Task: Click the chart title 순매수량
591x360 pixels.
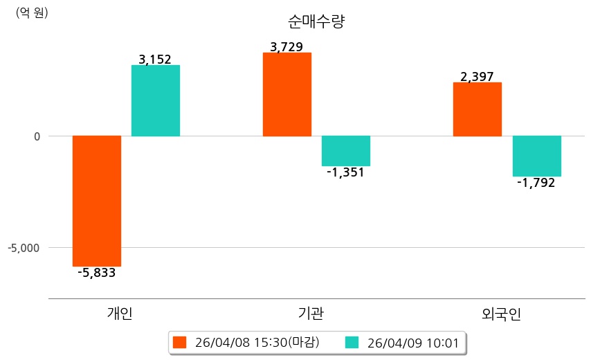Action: click(316, 21)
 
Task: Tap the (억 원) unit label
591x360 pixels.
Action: click(32, 12)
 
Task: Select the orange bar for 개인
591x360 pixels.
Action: click(97, 201)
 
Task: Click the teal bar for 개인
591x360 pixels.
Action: click(156, 100)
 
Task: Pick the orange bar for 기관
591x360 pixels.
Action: click(287, 94)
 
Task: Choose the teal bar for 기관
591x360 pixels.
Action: click(346, 151)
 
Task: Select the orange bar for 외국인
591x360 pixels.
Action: click(477, 109)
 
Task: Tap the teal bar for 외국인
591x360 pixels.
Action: click(536, 156)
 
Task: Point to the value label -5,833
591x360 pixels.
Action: click(97, 273)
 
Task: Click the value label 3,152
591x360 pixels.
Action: click(155, 60)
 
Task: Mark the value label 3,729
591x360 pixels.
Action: click(287, 47)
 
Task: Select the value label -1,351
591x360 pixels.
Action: click(345, 172)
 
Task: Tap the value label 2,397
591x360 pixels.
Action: click(477, 77)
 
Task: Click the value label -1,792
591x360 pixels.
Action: click(536, 183)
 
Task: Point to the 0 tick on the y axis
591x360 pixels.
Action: click(37, 136)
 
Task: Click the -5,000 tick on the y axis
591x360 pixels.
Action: click(24, 247)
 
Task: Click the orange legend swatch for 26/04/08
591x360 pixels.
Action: click(180, 342)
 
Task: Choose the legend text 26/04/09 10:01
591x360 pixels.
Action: click(414, 342)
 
